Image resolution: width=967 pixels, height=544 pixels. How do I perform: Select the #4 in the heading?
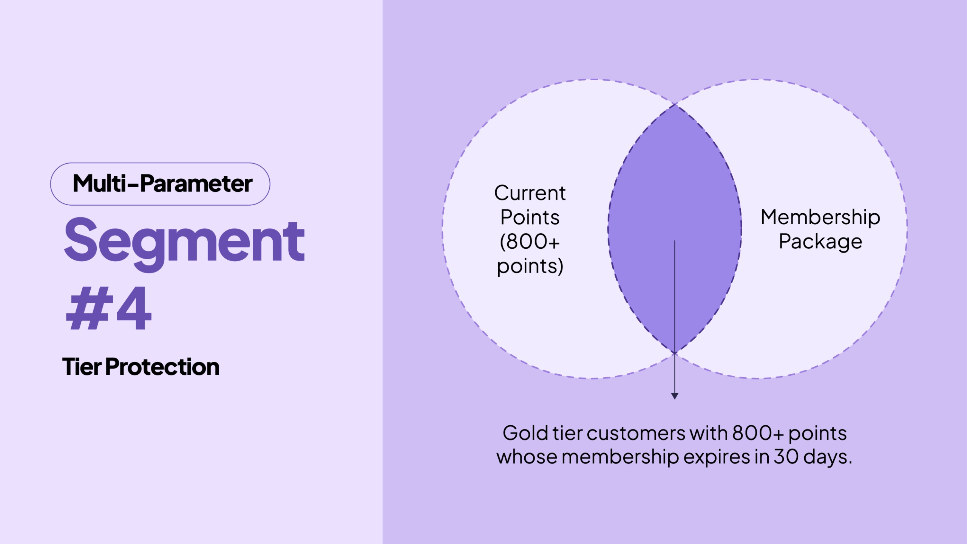pyautogui.click(x=109, y=308)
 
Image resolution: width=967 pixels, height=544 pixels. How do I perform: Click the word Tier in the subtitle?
pyautogui.click(x=82, y=367)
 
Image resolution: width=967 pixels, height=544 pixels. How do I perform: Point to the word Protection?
pyautogui.click(x=162, y=367)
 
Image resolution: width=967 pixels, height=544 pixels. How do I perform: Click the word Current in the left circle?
pyautogui.click(x=530, y=193)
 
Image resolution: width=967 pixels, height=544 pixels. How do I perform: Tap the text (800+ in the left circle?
pyautogui.click(x=530, y=242)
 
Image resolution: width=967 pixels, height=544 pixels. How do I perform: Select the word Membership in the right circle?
pyautogui.click(x=820, y=217)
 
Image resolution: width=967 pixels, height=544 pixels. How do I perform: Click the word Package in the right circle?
pyautogui.click(x=820, y=242)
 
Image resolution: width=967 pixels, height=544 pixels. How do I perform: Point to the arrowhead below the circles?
pyautogui.click(x=675, y=395)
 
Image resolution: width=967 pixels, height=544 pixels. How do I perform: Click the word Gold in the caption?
pyautogui.click(x=525, y=433)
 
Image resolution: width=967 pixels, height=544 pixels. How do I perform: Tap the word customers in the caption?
pyautogui.click(x=636, y=433)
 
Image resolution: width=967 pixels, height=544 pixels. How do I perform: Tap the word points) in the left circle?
pyautogui.click(x=530, y=266)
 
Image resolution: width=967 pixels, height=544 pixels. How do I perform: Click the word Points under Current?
pyautogui.click(x=530, y=217)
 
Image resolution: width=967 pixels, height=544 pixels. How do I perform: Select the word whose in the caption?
pyautogui.click(x=527, y=457)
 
